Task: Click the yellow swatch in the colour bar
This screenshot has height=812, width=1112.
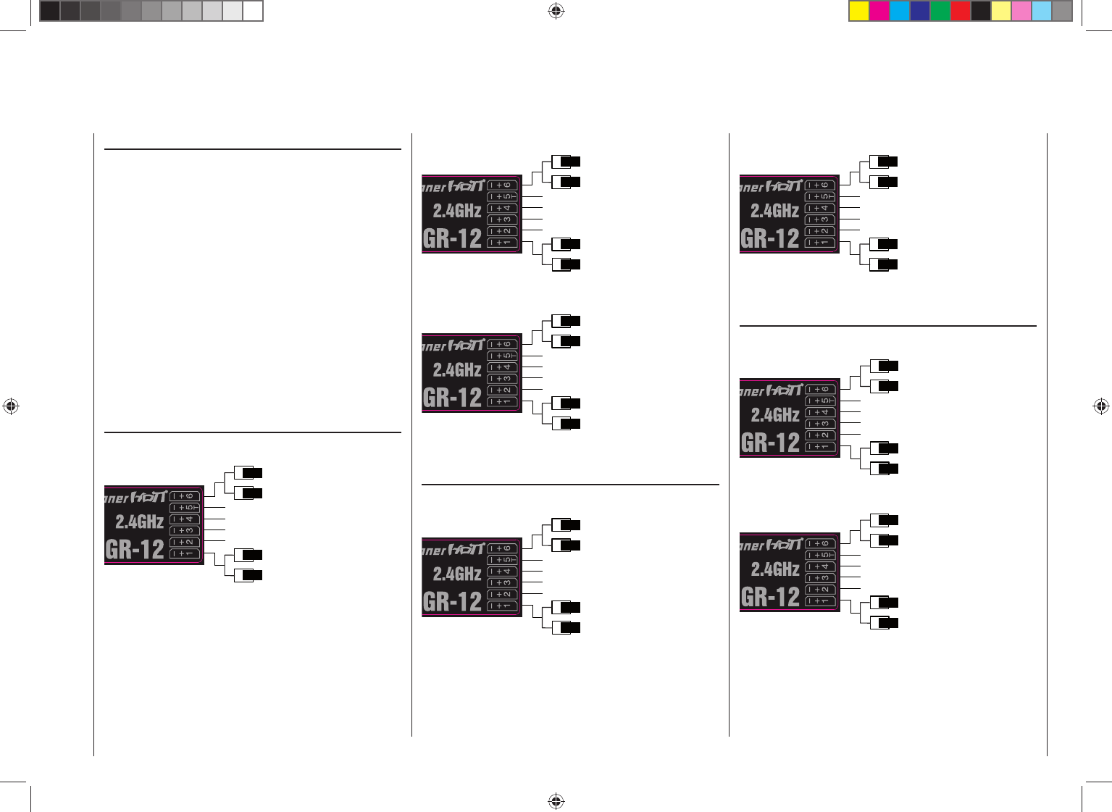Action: [x=859, y=11]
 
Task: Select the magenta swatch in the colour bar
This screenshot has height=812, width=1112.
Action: [x=879, y=11]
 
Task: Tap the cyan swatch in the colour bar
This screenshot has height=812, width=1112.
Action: [x=900, y=11]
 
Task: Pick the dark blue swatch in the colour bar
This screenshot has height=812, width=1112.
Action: [x=920, y=11]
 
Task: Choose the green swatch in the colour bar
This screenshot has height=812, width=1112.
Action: [x=940, y=11]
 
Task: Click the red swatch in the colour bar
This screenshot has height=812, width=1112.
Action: [x=961, y=11]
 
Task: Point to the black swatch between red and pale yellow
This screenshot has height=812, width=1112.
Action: [x=981, y=11]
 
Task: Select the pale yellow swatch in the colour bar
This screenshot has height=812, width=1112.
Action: [x=1001, y=11]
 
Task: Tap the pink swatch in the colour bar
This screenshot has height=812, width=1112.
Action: [x=1021, y=11]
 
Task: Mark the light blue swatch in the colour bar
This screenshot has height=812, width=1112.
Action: [x=1042, y=11]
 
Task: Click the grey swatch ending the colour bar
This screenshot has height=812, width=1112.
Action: [x=1062, y=11]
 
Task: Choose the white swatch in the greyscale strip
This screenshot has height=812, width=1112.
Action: [x=253, y=11]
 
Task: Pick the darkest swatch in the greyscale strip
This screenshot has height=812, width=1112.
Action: [x=50, y=11]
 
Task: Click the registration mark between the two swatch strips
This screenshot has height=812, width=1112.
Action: [x=556, y=11]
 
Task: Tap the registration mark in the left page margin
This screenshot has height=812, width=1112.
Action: [x=11, y=406]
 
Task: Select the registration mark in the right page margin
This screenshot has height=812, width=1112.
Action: [x=1100, y=406]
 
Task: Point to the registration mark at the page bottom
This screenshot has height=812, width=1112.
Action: [x=556, y=800]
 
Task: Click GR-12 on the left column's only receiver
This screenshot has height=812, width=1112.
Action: [x=135, y=549]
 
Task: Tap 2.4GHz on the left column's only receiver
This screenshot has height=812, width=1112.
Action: [x=139, y=522]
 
